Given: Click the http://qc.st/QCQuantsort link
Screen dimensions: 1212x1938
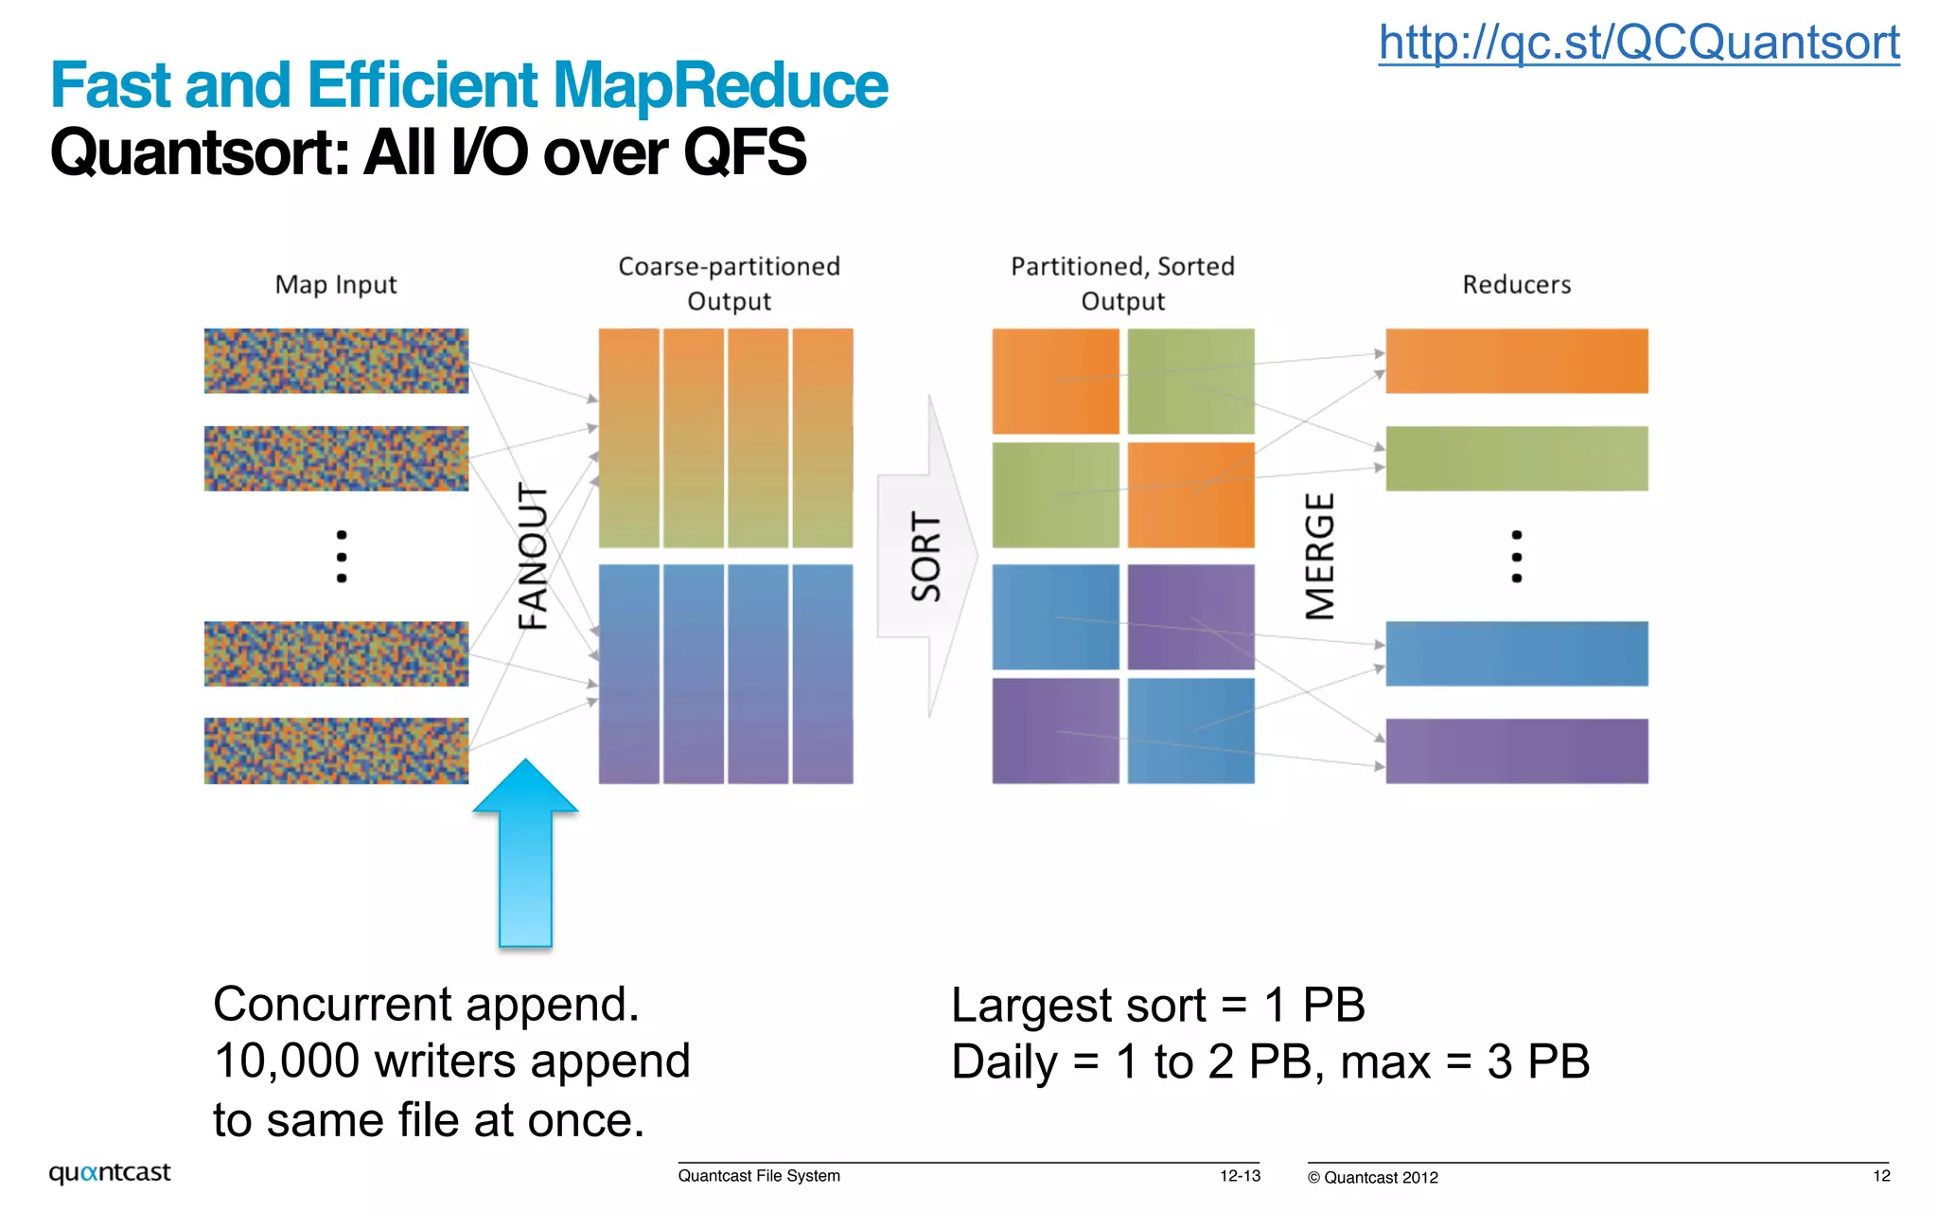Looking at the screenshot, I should click(x=1638, y=43).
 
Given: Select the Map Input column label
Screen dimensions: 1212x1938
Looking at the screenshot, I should click(x=336, y=284).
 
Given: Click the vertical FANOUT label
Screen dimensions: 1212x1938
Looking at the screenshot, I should click(x=533, y=557).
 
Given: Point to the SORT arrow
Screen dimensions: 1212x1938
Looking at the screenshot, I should click(x=925, y=557).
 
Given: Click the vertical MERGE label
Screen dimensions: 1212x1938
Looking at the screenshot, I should click(x=1320, y=557).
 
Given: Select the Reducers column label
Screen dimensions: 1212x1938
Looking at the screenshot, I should click(x=1516, y=284).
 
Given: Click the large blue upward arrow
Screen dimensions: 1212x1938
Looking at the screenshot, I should click(x=525, y=852).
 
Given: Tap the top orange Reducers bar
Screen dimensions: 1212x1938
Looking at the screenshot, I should click(x=1516, y=361).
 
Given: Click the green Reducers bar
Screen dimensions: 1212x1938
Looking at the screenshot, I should click(x=1516, y=458).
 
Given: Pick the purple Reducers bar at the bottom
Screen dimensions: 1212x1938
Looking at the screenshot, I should click(x=1516, y=751).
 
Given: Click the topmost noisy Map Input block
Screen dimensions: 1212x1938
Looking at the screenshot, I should click(x=336, y=361).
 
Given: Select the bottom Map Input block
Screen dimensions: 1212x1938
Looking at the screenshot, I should click(x=336, y=751).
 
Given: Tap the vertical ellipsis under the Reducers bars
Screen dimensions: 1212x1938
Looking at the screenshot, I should click(x=1516, y=557).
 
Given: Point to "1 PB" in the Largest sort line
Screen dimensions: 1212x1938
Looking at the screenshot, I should click(x=1314, y=1005).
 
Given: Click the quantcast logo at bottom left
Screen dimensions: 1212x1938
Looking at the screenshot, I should click(x=110, y=1173).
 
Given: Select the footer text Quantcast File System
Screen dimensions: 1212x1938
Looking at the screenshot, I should click(x=759, y=1176).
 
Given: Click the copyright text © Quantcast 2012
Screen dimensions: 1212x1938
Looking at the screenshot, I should click(x=1372, y=1178).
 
